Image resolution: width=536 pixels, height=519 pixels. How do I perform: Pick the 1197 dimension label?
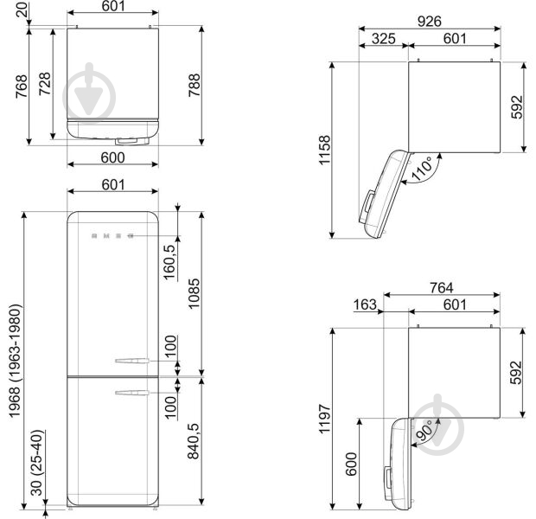tap(324, 419)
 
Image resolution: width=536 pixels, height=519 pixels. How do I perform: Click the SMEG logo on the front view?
tap(111, 233)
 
